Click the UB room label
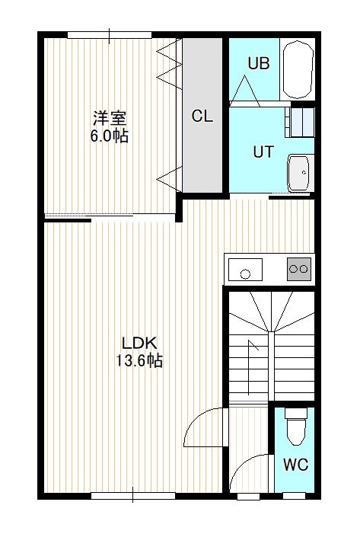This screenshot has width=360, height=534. click(x=259, y=64)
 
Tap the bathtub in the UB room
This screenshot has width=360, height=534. click(x=298, y=69)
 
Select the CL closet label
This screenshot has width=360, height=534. click(x=202, y=116)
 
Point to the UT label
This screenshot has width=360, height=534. click(x=263, y=152)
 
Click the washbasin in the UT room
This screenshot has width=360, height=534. click(x=299, y=172)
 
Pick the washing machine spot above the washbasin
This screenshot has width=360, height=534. click(x=300, y=122)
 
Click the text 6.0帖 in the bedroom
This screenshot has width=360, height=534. click(x=109, y=136)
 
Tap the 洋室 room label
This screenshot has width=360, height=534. click(x=110, y=118)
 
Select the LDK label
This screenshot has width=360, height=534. click(x=139, y=344)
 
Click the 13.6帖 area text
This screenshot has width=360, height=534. click(x=139, y=360)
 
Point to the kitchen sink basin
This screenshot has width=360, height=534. click(x=245, y=270)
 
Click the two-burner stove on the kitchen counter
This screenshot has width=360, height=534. click(x=299, y=269)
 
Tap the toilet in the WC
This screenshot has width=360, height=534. click(x=296, y=427)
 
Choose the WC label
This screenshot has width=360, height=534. click(x=296, y=464)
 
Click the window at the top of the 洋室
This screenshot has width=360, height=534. click(x=110, y=35)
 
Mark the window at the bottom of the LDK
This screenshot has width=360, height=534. click(x=133, y=495)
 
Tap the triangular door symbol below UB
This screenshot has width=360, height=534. click(x=244, y=91)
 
